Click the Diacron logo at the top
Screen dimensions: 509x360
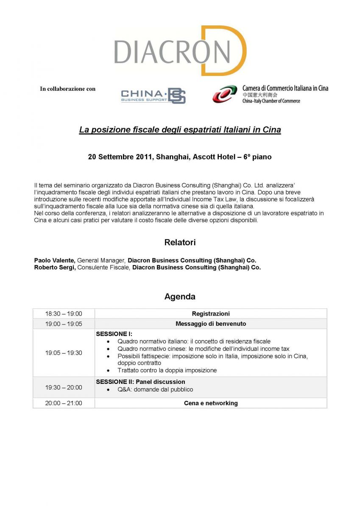(180, 51)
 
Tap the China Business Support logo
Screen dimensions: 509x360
(153, 96)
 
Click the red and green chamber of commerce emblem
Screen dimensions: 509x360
(225, 94)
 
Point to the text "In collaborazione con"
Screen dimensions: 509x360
(68, 89)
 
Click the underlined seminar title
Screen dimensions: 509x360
(180, 130)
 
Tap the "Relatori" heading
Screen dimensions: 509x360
(180, 243)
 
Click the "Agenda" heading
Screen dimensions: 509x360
(180, 296)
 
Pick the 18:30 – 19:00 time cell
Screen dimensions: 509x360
(64, 314)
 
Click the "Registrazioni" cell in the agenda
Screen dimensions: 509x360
(211, 314)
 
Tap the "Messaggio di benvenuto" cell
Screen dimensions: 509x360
(211, 324)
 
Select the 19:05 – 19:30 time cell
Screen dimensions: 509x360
(64, 353)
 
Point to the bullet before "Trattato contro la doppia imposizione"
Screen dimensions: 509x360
(109, 370)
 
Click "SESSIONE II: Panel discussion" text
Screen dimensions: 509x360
(140, 382)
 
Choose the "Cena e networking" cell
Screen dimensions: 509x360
(211, 403)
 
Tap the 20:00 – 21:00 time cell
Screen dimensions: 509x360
(64, 403)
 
